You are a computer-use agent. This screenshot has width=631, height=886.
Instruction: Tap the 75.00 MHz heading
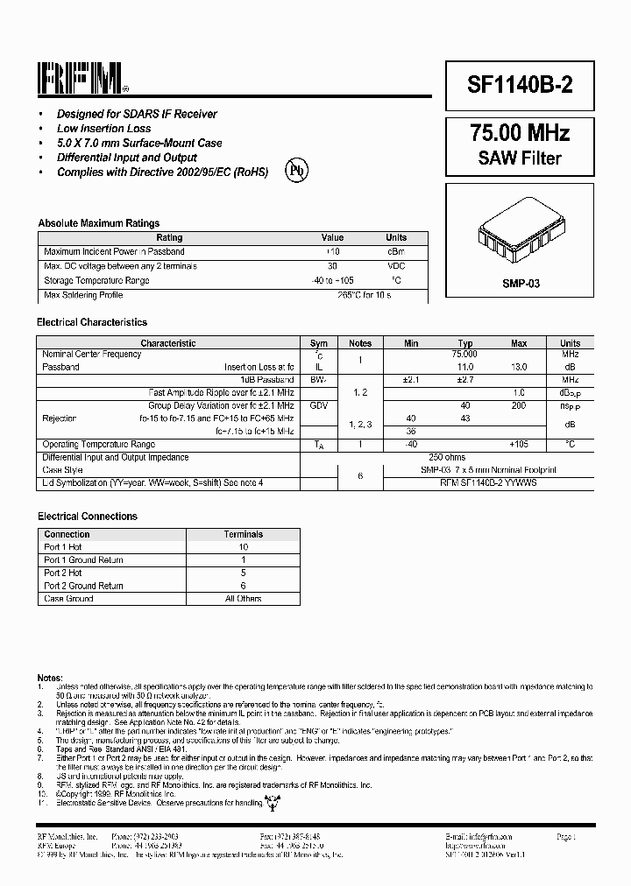click(521, 133)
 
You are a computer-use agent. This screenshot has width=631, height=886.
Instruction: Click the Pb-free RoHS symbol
click(296, 172)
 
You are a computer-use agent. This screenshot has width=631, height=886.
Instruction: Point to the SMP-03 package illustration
click(520, 233)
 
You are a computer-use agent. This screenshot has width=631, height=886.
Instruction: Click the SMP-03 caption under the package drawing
click(521, 285)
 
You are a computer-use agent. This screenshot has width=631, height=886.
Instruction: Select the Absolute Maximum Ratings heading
click(98, 223)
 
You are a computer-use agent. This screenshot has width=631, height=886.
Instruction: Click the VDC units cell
click(396, 266)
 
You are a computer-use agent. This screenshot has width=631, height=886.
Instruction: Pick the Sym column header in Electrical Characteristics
click(319, 343)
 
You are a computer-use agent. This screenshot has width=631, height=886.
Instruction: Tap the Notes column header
click(360, 343)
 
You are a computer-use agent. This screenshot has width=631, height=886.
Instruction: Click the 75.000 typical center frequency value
click(464, 355)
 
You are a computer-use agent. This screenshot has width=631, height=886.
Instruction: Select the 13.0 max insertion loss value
click(519, 367)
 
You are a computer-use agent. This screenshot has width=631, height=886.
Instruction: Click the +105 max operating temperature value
click(519, 444)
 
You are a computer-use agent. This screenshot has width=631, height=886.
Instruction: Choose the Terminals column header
click(243, 534)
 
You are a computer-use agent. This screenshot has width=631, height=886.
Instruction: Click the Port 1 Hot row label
click(63, 546)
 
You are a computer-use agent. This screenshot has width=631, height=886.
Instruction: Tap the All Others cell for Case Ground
click(243, 599)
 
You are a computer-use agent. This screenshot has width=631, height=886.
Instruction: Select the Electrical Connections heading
click(88, 517)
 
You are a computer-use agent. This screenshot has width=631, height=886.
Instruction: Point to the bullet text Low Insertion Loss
click(103, 129)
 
